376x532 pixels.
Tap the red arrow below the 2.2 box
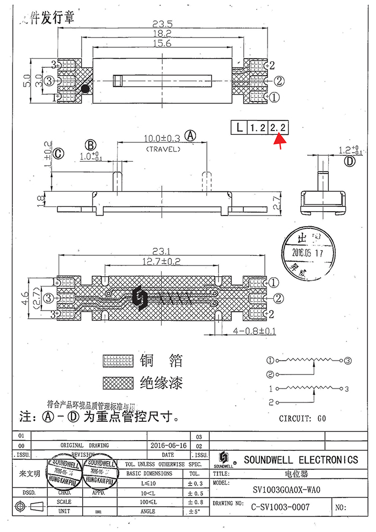280,140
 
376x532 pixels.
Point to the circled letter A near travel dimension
191,135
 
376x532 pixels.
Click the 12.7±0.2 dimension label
162,262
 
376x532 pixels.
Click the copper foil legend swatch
118,360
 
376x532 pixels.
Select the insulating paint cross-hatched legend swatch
118,383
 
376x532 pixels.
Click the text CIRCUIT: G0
302,418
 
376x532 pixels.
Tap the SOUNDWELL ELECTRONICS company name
301,459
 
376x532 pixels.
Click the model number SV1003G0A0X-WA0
286,490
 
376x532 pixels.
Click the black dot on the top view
85,89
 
